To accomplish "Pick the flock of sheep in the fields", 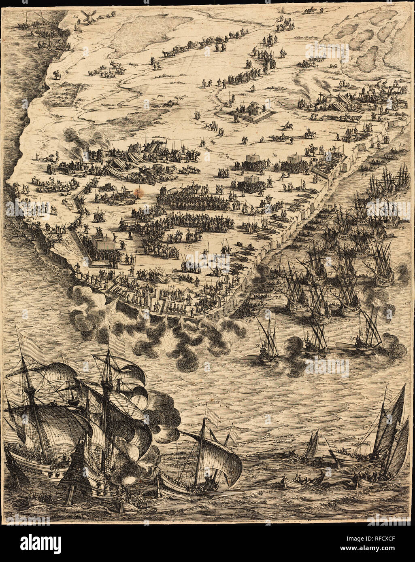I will [106, 71].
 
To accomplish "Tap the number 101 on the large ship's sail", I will [57, 436].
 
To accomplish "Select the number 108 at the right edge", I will [408, 303].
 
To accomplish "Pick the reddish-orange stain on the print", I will [140, 192].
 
